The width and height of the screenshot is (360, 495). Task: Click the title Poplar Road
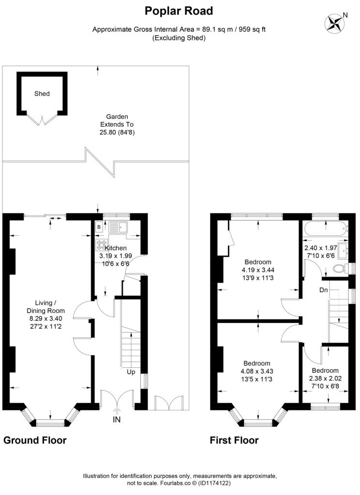[x=179, y=11]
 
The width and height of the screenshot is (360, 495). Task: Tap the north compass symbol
[x=334, y=23]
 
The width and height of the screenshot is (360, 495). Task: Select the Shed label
[x=42, y=93]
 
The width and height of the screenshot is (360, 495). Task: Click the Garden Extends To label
[x=117, y=120]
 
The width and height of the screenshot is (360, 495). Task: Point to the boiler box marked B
[x=99, y=227]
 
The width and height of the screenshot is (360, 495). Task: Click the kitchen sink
[x=118, y=227]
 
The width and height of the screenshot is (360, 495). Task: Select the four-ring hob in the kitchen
[x=101, y=245]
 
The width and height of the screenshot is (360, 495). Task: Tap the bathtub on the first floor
[x=325, y=228]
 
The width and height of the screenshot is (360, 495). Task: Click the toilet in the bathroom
[x=341, y=269]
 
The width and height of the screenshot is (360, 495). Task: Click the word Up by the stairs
[x=131, y=372]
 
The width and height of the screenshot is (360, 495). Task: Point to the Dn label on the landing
[x=324, y=290]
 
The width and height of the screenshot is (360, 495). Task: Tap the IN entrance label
[x=117, y=420]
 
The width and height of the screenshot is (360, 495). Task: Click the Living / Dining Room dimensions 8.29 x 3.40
[x=46, y=319]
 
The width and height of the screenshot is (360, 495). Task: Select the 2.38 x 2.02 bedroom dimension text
[x=325, y=378]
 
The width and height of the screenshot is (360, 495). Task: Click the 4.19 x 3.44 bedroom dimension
[x=258, y=270]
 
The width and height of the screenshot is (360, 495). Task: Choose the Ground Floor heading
[x=35, y=440]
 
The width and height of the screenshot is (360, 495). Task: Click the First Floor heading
[x=234, y=440]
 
